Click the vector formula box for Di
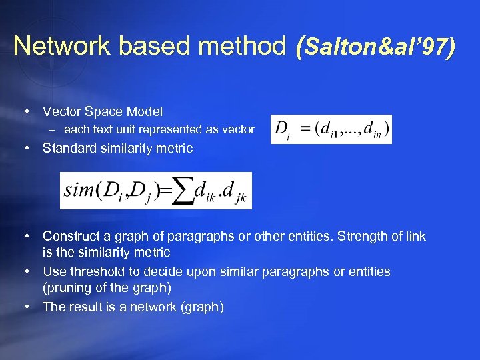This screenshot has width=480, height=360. point(331,129)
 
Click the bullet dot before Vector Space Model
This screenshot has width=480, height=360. point(25,111)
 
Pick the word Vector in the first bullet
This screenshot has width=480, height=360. point(60,111)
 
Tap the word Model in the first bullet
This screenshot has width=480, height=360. point(147,111)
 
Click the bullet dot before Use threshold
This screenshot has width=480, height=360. point(25,271)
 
